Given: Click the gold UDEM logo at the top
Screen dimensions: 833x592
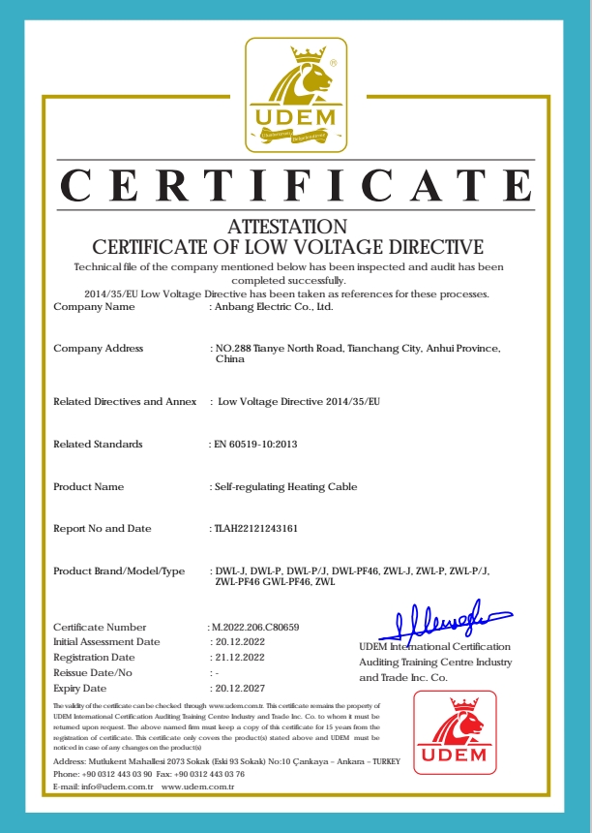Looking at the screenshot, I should tap(295, 94).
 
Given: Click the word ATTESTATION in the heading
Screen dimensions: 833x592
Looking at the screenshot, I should tap(287, 226).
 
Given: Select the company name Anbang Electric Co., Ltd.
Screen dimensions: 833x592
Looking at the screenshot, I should tap(274, 307).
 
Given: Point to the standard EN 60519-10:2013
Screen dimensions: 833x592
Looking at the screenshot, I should tap(254, 444).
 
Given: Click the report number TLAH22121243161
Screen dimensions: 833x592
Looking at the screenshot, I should tap(255, 529).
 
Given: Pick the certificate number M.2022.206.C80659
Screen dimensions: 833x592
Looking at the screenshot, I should tap(254, 627).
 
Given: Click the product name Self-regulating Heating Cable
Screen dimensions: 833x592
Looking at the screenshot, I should tap(285, 486).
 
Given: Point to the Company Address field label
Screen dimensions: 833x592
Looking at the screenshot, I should tap(98, 348).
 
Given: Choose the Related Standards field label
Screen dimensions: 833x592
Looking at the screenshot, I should tap(98, 444).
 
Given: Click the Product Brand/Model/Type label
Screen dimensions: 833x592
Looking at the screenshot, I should tap(118, 571).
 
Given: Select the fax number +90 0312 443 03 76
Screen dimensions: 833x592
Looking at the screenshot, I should tap(210, 774).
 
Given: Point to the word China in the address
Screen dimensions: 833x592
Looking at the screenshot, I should tap(230, 359).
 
